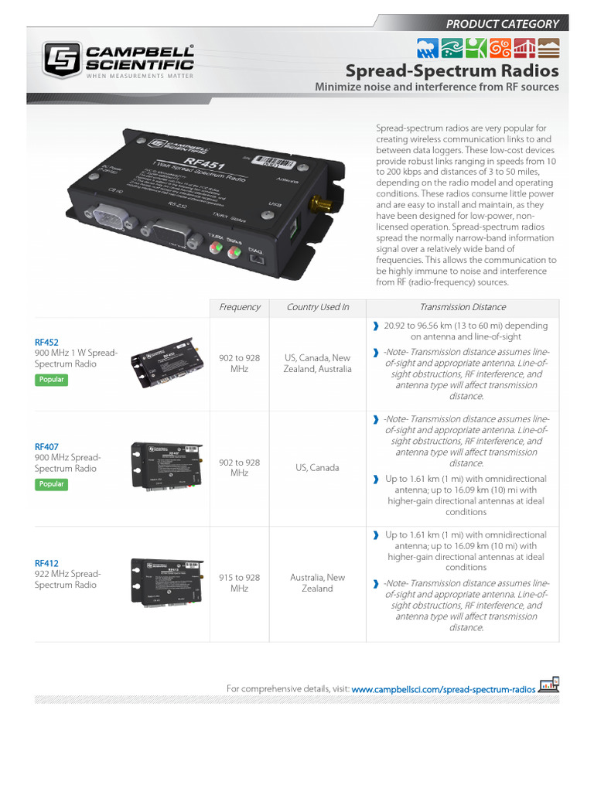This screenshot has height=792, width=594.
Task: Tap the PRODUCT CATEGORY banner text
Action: [x=502, y=23]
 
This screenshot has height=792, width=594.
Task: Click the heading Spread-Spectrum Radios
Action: [x=452, y=71]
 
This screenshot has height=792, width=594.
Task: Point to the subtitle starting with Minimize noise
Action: [x=436, y=87]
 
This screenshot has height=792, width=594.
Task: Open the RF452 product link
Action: [x=46, y=342]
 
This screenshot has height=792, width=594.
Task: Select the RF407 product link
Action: [x=46, y=446]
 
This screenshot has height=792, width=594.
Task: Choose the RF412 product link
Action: [x=46, y=563]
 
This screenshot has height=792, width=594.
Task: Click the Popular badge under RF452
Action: [x=51, y=380]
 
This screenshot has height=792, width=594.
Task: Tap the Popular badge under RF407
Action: [x=51, y=484]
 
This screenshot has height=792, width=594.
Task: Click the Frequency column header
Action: [x=239, y=307]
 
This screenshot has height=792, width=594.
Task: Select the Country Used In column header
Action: [x=317, y=307]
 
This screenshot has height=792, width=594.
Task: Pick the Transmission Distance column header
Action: [x=463, y=307]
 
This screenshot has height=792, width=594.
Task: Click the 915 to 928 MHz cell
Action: [x=239, y=583]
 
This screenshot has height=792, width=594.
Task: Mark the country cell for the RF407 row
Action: [x=317, y=468]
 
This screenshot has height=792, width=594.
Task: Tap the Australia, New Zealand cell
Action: [x=317, y=583]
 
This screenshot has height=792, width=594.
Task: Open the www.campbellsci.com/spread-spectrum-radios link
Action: [x=443, y=688]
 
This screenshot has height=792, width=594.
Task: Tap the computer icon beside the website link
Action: [x=549, y=685]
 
